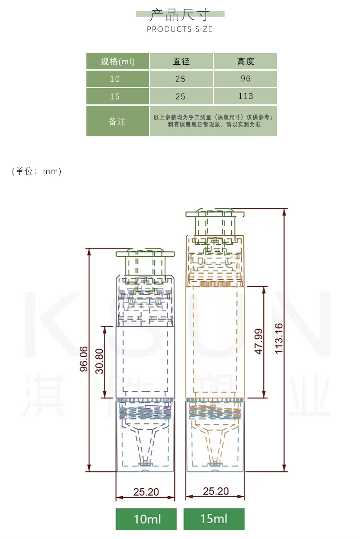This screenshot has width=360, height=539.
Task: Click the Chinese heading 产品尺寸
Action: (180, 15)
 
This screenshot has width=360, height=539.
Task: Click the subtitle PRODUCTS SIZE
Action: (180, 29)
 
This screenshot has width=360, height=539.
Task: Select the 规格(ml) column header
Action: (117, 62)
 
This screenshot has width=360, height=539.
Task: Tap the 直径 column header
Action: (181, 62)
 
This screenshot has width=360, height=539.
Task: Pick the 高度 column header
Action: (246, 62)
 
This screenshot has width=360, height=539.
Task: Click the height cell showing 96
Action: (246, 79)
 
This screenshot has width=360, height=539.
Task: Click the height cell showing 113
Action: (246, 96)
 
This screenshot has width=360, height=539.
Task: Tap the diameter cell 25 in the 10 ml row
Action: (180, 79)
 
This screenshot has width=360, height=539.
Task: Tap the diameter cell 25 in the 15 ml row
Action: (180, 96)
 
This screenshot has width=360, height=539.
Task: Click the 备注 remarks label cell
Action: (117, 121)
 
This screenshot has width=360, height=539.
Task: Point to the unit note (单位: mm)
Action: (36, 171)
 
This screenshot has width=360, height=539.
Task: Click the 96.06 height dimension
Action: (84, 359)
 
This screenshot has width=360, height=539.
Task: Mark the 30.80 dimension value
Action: (99, 361)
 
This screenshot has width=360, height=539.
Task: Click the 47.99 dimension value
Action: (258, 341)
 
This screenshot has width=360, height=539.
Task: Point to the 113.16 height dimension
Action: (279, 339)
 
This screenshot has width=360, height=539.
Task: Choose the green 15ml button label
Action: (214, 519)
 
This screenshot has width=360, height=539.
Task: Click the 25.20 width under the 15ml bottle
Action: (216, 491)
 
